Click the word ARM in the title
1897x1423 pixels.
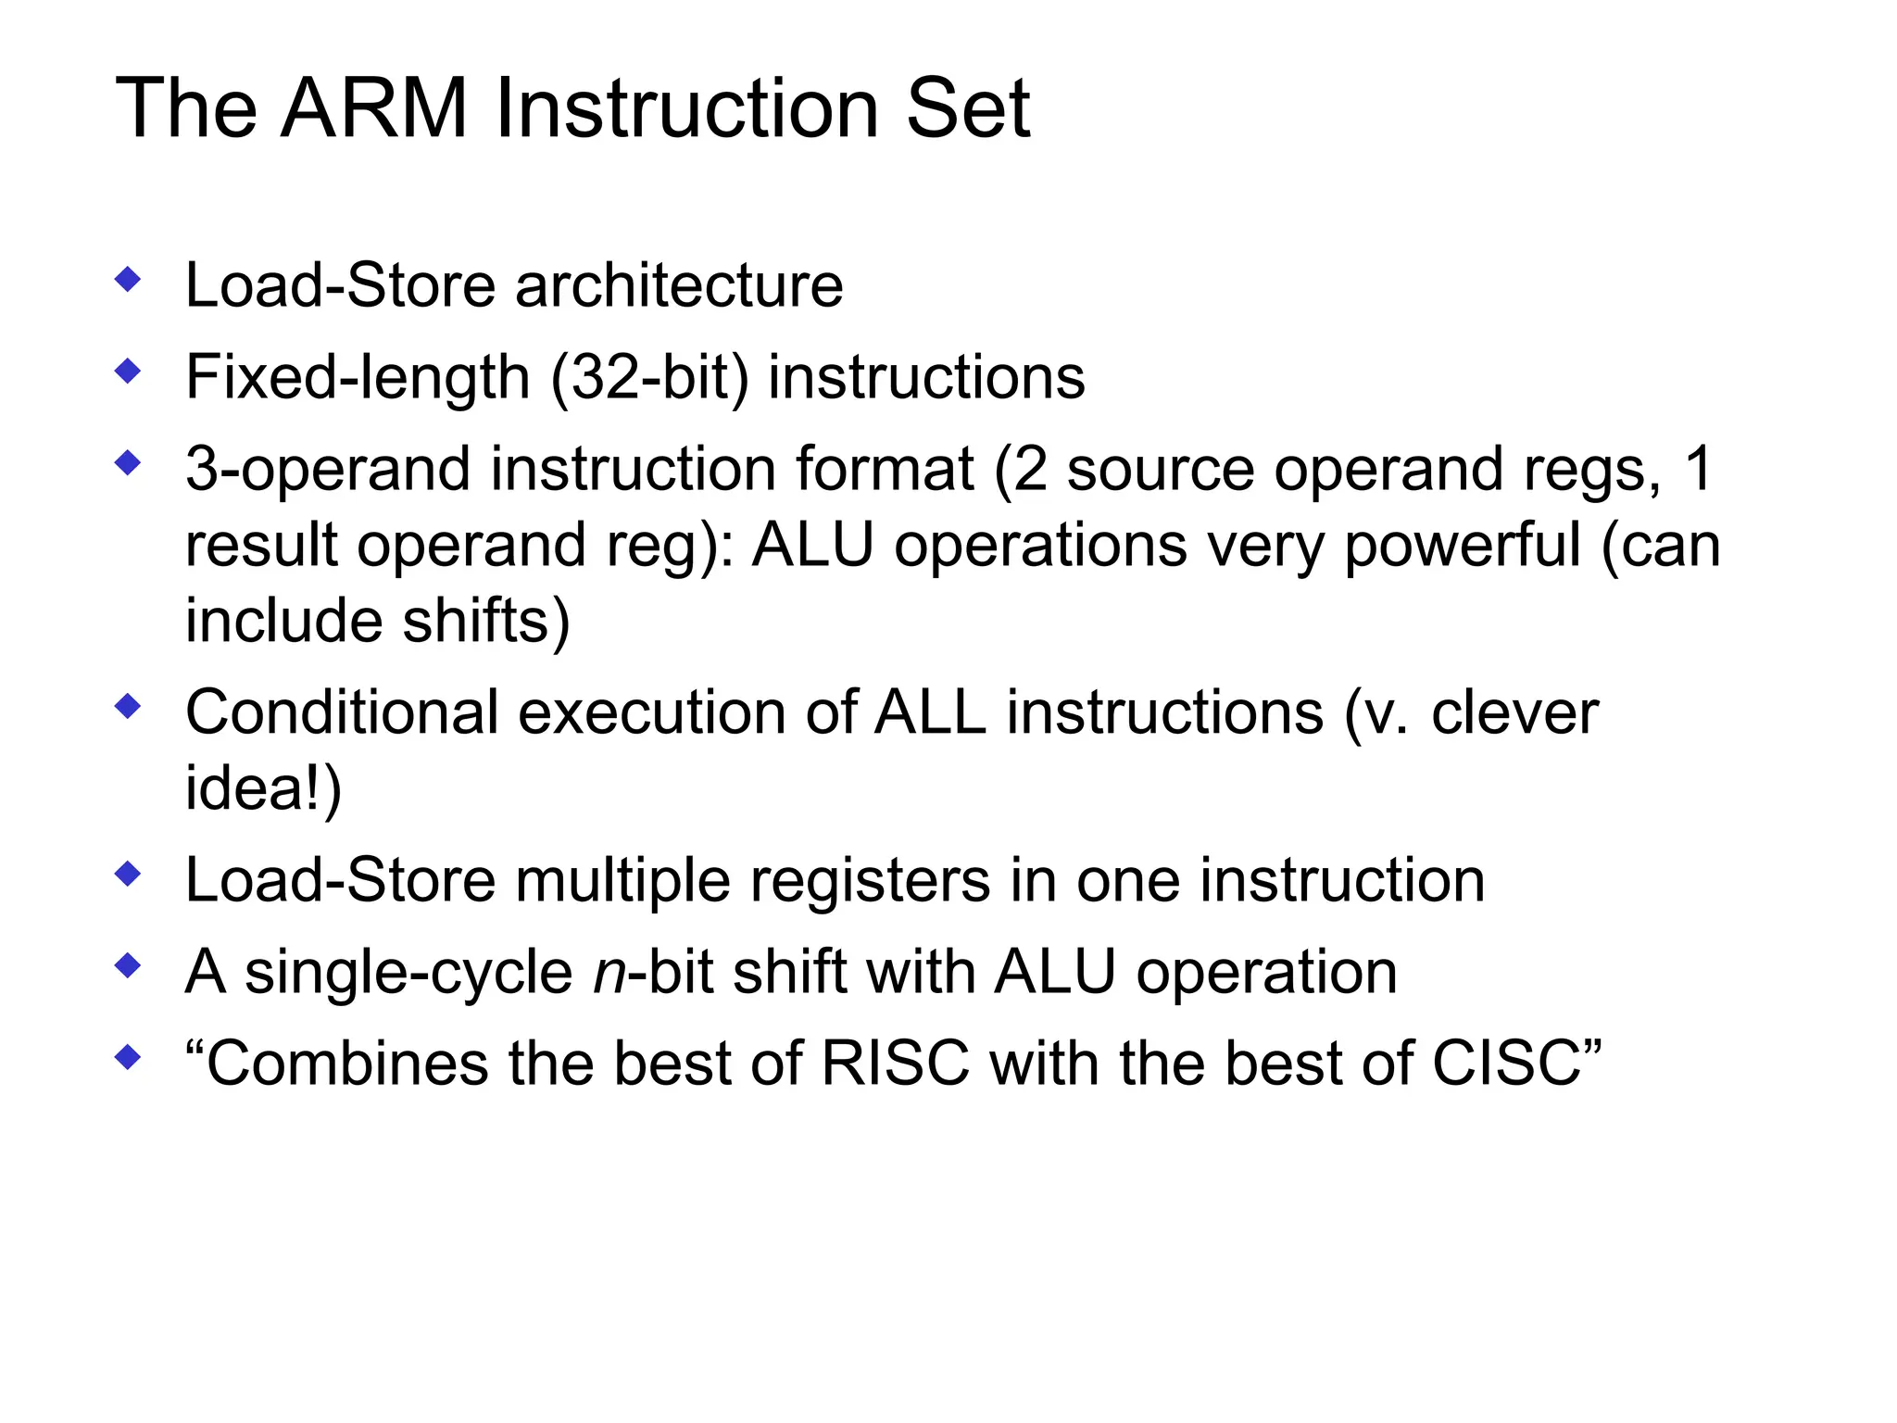(374, 108)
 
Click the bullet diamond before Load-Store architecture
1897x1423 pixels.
(128, 279)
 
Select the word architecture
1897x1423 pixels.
(679, 285)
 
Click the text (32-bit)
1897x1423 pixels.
(648, 378)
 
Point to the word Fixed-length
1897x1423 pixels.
(358, 378)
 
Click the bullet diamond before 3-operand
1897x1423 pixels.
(128, 463)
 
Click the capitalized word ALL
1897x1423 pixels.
(930, 713)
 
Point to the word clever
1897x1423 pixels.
(1514, 713)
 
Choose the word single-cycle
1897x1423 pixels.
(408, 975)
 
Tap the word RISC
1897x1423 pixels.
(895, 1064)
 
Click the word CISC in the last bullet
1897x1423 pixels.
(1506, 1064)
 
